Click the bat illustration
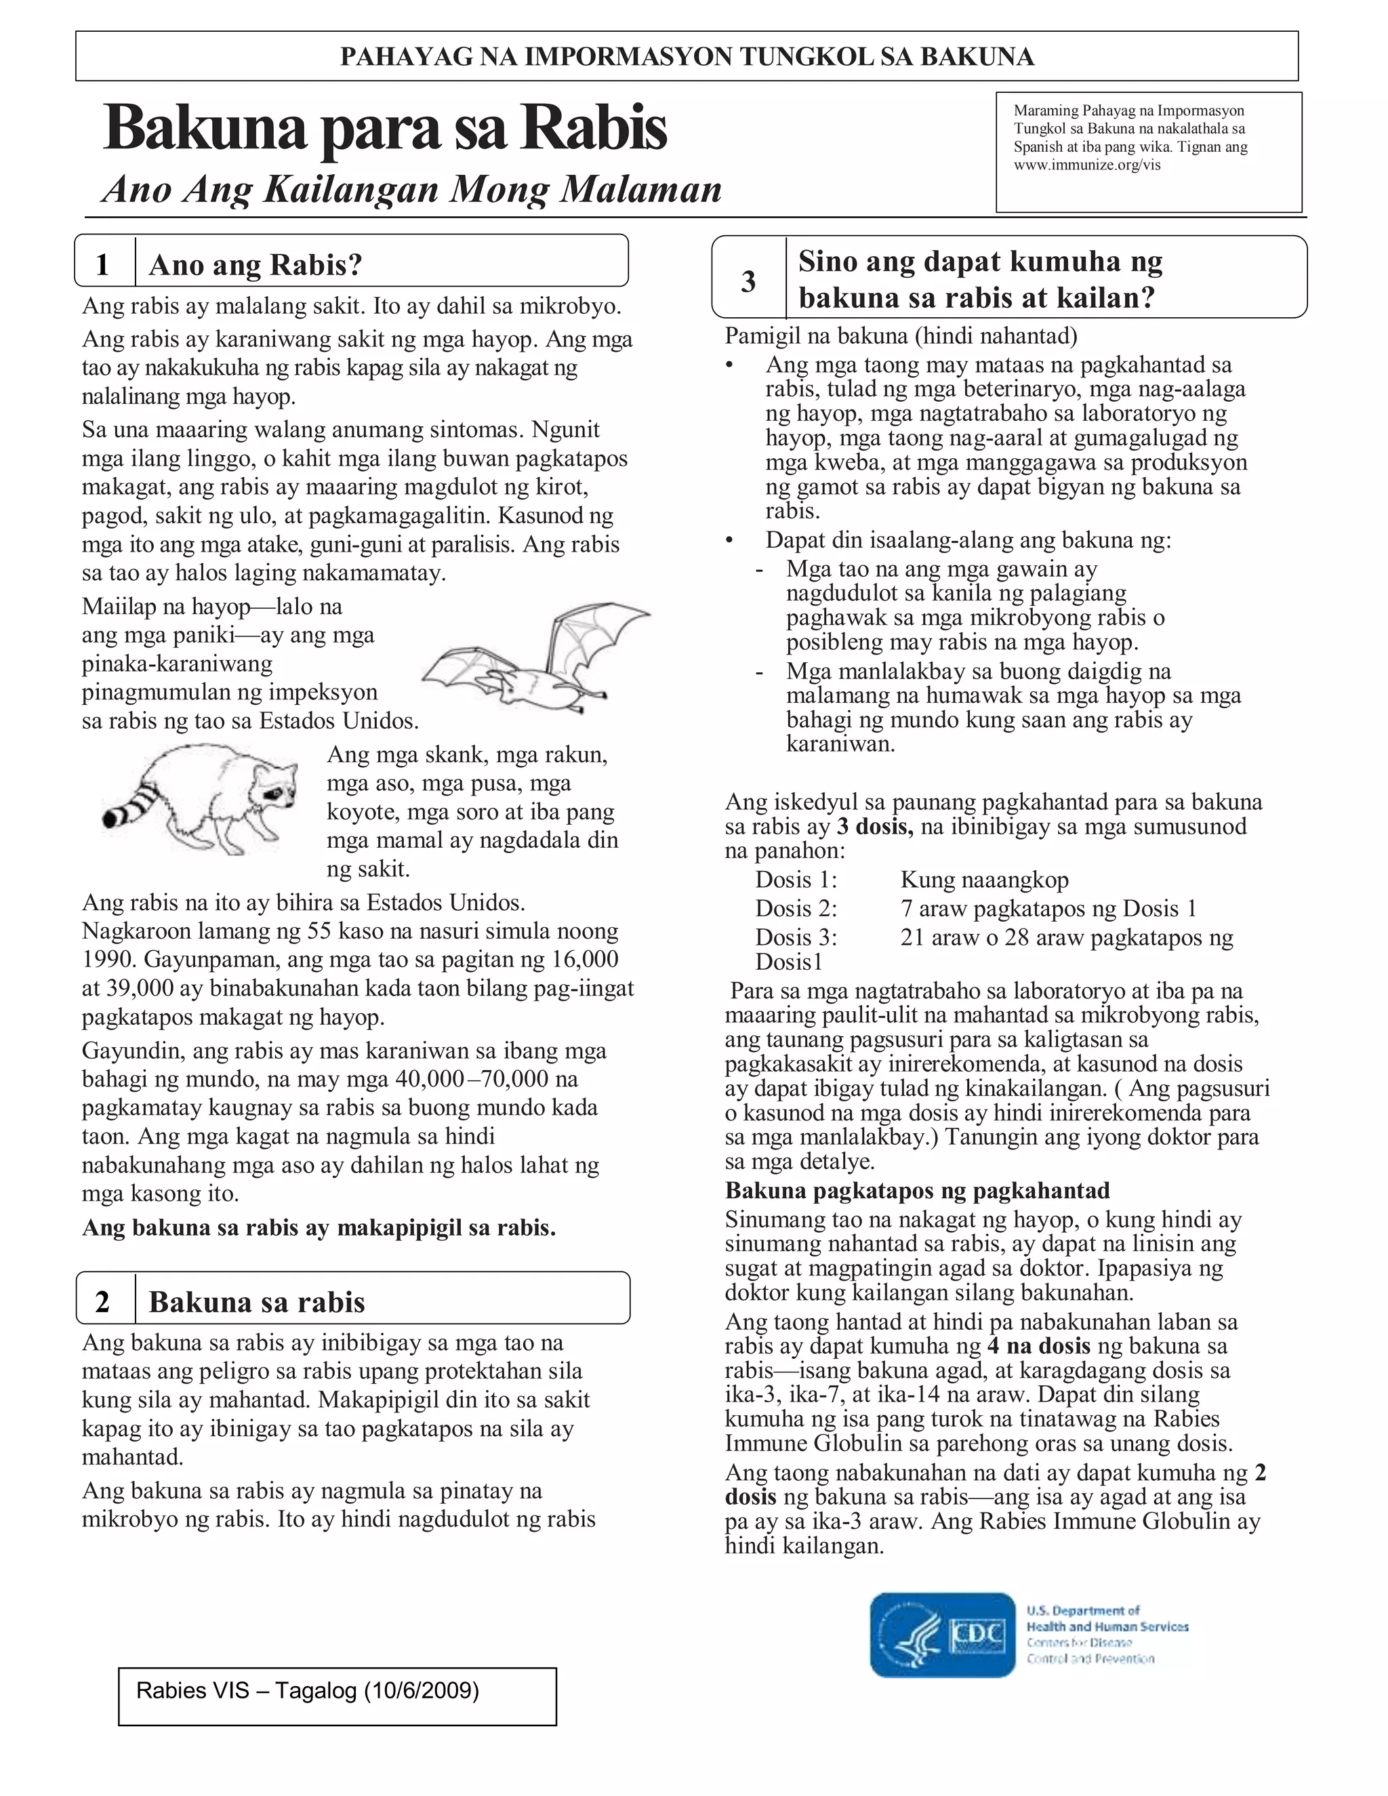(x=535, y=662)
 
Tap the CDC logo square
(x=943, y=1635)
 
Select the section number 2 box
(x=104, y=1302)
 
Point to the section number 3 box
(x=748, y=281)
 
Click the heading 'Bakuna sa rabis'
(x=257, y=1302)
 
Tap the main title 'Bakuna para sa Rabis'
(x=385, y=128)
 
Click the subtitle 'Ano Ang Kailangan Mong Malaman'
(x=412, y=190)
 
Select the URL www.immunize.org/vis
(x=1087, y=165)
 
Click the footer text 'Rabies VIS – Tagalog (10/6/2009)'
(x=308, y=1691)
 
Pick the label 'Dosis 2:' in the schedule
(x=796, y=909)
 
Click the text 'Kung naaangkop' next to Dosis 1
(x=984, y=880)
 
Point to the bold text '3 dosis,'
(x=874, y=826)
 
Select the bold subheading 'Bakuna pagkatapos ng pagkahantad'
(x=917, y=1191)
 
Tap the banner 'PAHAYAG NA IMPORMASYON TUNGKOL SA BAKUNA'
(x=687, y=56)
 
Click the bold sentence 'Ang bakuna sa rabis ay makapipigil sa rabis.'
(x=319, y=1228)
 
